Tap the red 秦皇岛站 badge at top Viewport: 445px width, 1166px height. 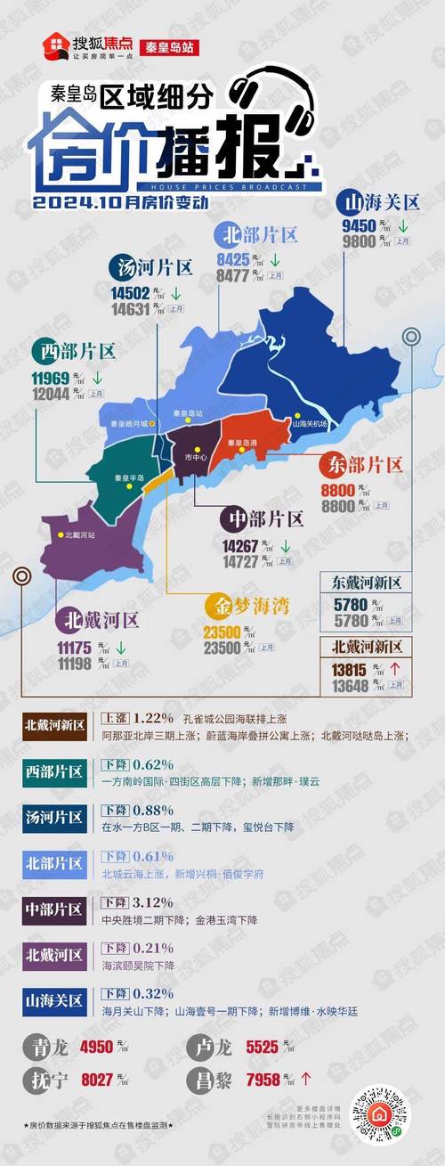169,46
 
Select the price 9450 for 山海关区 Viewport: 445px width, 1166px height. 359,225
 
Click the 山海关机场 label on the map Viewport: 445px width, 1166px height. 311,424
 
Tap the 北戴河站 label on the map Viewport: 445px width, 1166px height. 80,535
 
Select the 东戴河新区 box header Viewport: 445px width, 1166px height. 367,583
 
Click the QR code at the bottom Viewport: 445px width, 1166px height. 379,1113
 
